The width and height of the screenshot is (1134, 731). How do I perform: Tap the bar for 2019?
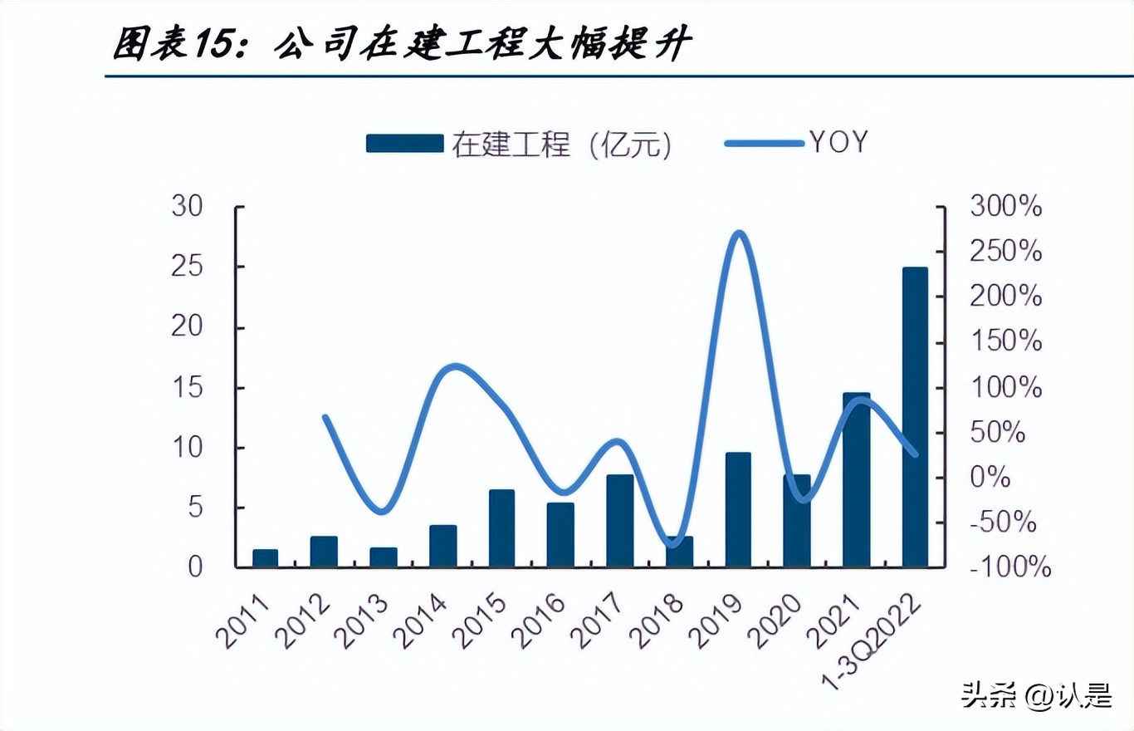[738, 510]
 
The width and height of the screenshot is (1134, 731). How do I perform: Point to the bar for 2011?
[265, 558]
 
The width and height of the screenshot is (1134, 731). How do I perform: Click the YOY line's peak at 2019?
[740, 234]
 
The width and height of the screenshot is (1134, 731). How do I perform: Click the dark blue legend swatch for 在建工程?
[404, 144]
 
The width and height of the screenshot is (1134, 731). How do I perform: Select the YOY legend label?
[838, 143]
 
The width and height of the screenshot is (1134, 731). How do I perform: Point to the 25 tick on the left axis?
[187, 267]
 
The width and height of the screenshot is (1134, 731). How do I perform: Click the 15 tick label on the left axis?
[187, 387]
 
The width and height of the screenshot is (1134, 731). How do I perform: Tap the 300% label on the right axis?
[1005, 207]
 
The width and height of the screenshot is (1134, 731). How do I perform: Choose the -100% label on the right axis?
[1009, 567]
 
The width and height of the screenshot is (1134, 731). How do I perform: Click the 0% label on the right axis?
[992, 478]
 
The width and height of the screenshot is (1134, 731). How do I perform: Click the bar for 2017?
[620, 521]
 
